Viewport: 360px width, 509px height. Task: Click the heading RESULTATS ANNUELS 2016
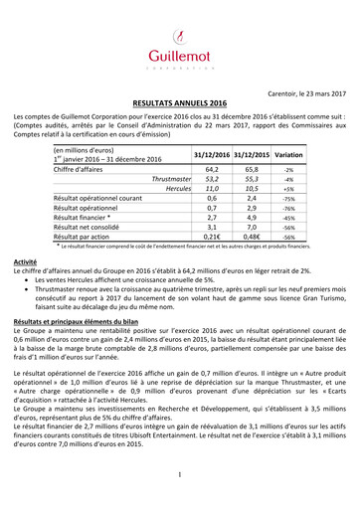click(180, 102)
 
